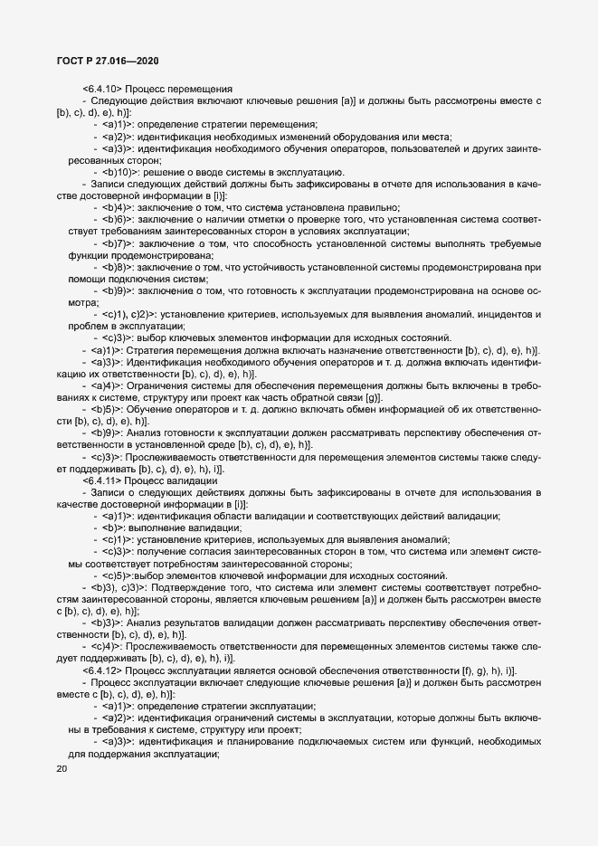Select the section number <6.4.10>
pyautogui.click(x=102, y=89)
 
